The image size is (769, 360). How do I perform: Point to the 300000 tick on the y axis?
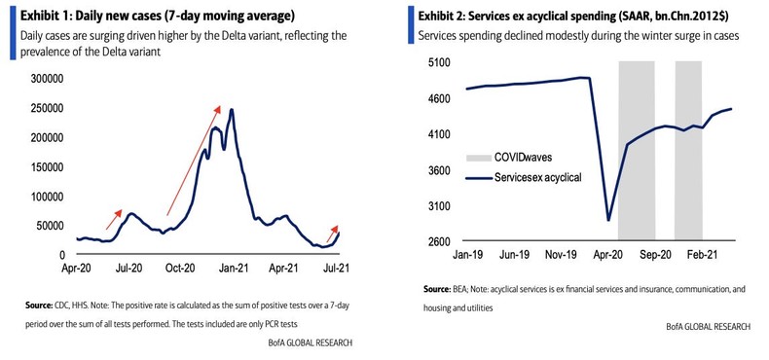point(41,78)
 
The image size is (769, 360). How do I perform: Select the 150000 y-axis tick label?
point(41,166)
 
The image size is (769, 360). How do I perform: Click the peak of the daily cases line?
point(231,110)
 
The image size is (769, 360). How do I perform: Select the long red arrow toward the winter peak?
point(195,161)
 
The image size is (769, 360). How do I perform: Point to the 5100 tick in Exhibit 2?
point(437,62)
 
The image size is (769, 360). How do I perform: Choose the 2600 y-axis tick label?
point(437,241)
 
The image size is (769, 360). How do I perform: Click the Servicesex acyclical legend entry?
point(521,177)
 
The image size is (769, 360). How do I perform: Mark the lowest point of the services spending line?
point(608,220)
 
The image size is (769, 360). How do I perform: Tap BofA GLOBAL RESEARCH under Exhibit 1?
point(310,343)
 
